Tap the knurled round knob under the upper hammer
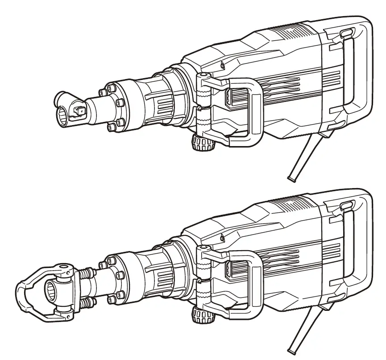pyautogui.click(x=203, y=143)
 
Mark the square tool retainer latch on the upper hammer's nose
pyautogui.click(x=82, y=108)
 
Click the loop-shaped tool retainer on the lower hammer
pyautogui.click(x=27, y=290)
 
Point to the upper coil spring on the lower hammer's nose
pyautogui.click(x=85, y=271)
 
